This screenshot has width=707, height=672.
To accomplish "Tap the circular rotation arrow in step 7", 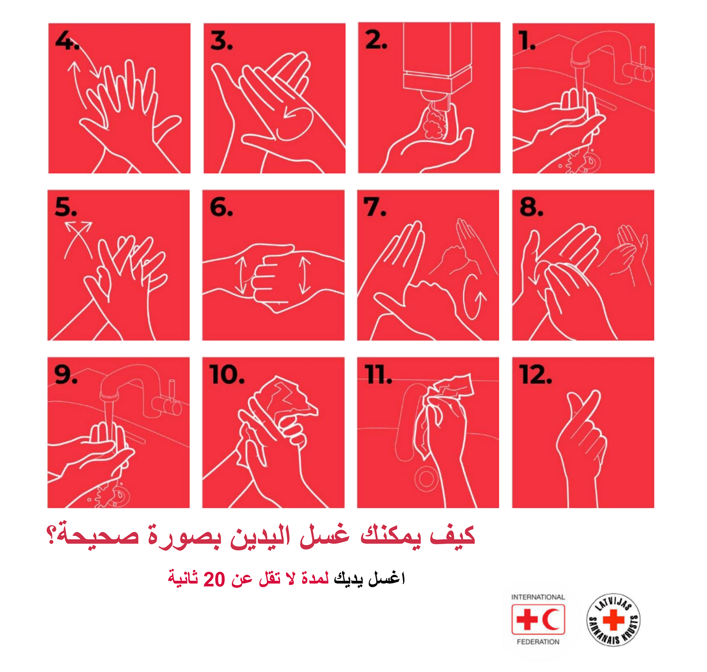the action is coord(475,296).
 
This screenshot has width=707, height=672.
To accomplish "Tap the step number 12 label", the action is coord(535,375).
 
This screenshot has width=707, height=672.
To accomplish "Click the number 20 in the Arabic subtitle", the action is coord(214,579).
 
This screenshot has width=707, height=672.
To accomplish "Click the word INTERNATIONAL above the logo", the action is coord(538,597).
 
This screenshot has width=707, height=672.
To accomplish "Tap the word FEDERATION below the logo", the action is coord(538,642).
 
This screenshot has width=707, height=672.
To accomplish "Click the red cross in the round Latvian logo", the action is coord(614,620).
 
